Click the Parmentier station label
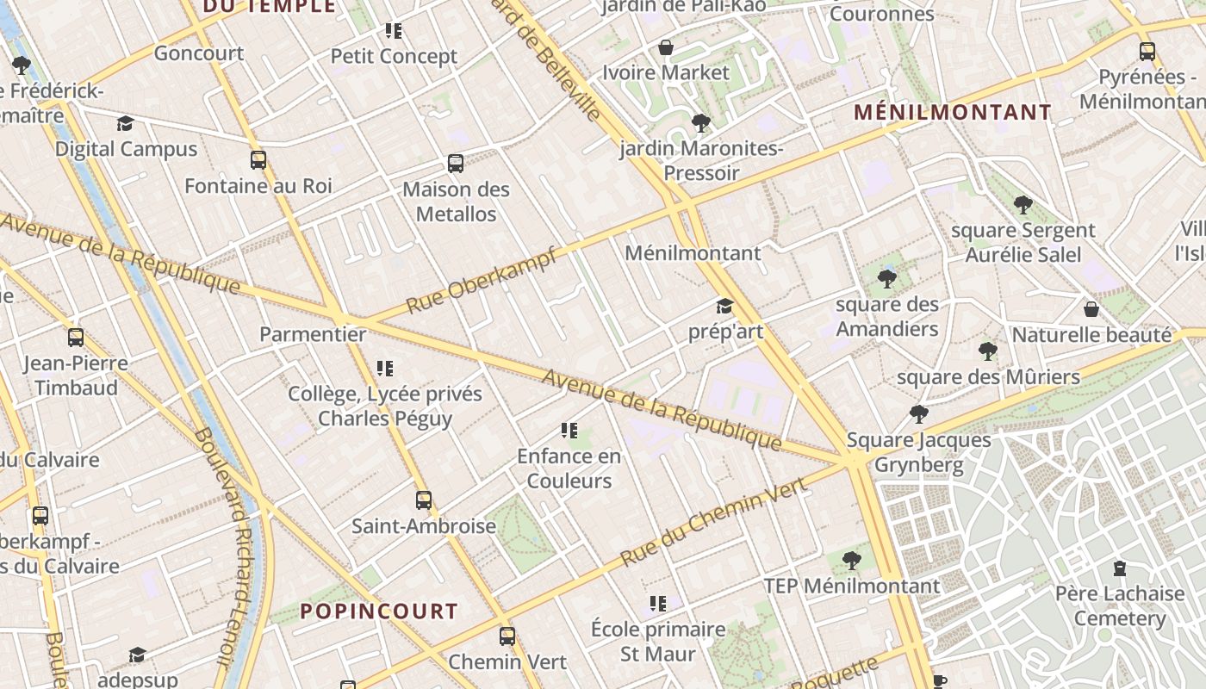pos(313,334)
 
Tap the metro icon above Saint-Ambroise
pos(423,500)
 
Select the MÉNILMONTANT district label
pos(953,112)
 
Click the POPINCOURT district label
pos(379,611)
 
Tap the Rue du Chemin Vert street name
pos(714,523)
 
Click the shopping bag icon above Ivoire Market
pos(665,47)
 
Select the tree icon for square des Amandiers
pos(886,279)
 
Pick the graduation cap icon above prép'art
pos(724,307)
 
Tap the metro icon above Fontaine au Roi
pos(258,160)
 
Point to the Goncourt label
pos(199,53)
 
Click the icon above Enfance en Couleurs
pos(569,431)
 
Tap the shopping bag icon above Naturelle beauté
pos(1091,309)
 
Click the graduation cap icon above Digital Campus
pos(126,124)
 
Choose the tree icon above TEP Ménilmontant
pos(851,561)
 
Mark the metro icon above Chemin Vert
pos(507,636)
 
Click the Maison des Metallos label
pos(457,202)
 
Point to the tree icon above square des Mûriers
pos(988,351)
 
